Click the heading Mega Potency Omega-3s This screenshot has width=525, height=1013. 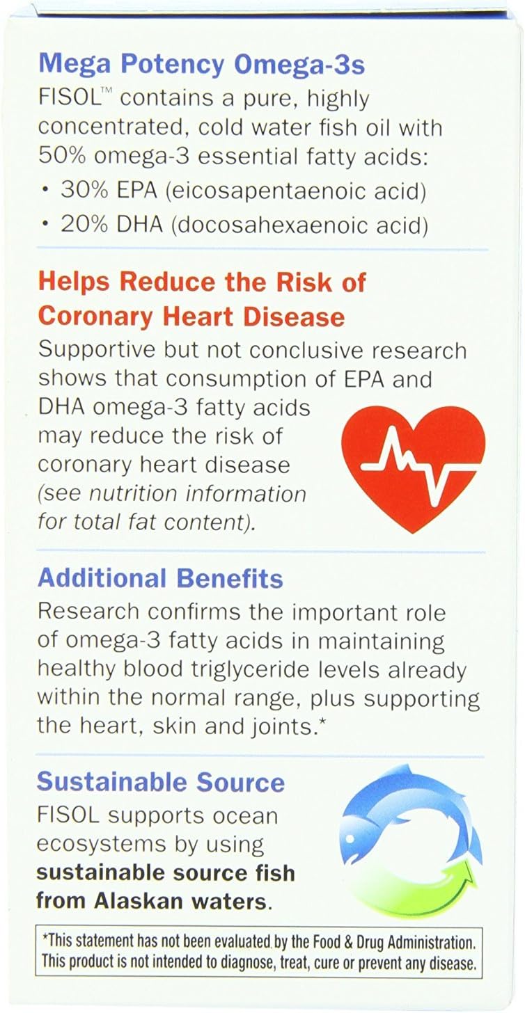pos(202,65)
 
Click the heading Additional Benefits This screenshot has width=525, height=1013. pos(160,579)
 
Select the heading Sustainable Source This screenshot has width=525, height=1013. pos(161,781)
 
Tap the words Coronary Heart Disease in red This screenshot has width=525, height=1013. pos(191,317)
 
